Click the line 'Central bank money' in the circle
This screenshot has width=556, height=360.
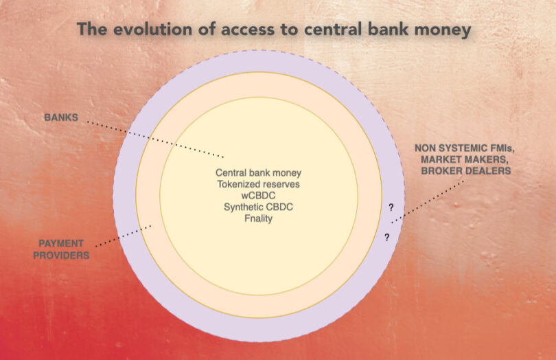click(x=257, y=173)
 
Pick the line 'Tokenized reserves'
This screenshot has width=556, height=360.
click(x=257, y=184)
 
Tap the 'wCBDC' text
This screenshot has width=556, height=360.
click(x=257, y=196)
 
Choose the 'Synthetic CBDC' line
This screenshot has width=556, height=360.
click(x=257, y=207)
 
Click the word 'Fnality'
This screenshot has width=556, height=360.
click(x=257, y=218)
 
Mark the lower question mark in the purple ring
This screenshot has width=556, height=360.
click(x=386, y=237)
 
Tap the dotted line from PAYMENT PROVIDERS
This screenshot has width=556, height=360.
click(x=124, y=235)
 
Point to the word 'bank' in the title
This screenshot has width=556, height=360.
click(x=381, y=30)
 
